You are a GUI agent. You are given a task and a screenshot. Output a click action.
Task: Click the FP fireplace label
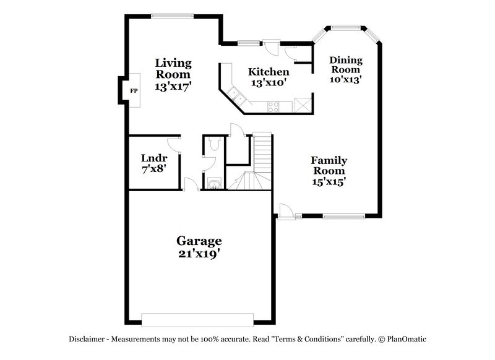click(x=133, y=91)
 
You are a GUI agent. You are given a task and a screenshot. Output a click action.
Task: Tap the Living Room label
click(x=173, y=69)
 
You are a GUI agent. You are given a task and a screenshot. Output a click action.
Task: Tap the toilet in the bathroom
click(x=213, y=144)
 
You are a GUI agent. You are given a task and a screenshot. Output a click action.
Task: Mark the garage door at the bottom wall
click(x=199, y=319)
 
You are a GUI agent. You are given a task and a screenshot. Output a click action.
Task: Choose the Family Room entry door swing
click(x=285, y=210)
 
